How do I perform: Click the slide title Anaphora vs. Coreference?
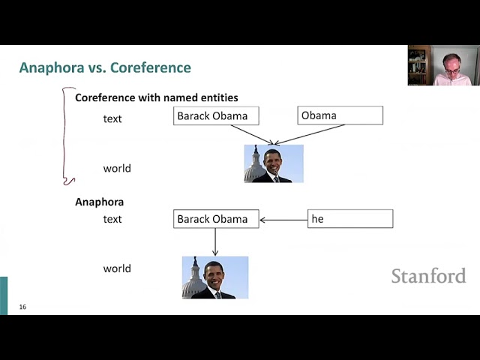tap(105, 67)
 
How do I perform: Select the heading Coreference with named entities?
tap(157, 97)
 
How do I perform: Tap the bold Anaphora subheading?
tap(100, 202)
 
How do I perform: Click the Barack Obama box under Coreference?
tap(216, 115)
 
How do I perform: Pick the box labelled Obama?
tap(340, 115)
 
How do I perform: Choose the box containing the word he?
tap(350, 218)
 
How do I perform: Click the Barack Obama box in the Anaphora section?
tap(216, 219)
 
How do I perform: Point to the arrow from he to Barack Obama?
tap(283, 220)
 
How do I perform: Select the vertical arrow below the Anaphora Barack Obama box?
tap(215, 241)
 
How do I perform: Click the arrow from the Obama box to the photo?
tap(310, 134)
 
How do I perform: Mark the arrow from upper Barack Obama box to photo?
tap(252, 134)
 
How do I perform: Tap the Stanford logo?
tap(428, 275)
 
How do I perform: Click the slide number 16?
tap(22, 307)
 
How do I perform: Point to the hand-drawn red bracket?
tap(64, 135)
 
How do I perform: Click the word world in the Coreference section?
tap(117, 168)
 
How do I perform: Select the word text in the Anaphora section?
tap(112, 219)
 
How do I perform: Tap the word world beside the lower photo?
tap(117, 268)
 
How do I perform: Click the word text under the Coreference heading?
tap(112, 118)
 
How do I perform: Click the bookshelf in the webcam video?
tap(419, 65)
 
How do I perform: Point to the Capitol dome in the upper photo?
tap(254, 165)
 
